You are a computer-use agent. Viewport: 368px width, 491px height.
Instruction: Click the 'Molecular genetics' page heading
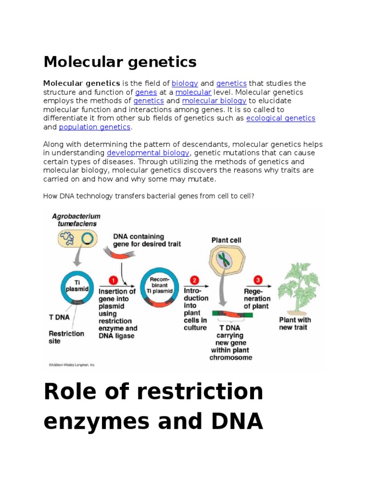tap(120, 62)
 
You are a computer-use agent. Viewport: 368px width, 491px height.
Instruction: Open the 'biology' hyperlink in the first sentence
tap(185, 83)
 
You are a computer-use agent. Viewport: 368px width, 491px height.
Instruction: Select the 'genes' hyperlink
tap(143, 92)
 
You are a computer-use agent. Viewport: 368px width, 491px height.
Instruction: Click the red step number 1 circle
tap(114, 280)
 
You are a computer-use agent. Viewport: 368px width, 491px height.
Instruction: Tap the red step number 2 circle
tap(195, 280)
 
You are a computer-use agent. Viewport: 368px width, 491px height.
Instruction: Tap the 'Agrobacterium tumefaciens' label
tap(74, 220)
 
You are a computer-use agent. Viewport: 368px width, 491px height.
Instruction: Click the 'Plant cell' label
tap(226, 240)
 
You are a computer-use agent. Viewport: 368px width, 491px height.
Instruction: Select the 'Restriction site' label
tap(66, 337)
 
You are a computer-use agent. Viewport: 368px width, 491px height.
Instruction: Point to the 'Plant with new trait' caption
tap(295, 323)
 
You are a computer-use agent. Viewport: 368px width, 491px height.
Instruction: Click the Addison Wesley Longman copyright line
tap(71, 365)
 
